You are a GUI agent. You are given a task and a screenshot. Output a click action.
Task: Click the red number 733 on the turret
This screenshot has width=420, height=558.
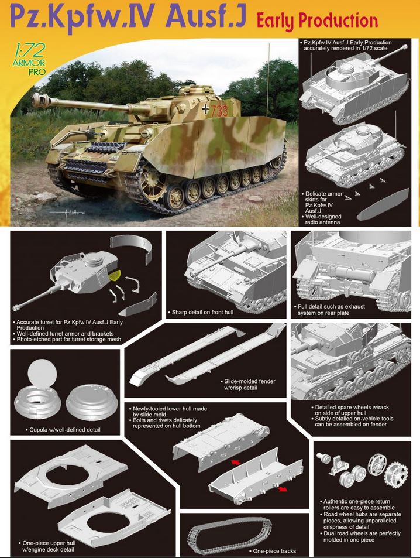pos(219,111)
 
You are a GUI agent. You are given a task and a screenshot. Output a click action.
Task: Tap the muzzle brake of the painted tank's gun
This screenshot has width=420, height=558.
pos(39,100)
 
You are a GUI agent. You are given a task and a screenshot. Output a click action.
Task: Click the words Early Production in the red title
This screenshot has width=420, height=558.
pos(317,20)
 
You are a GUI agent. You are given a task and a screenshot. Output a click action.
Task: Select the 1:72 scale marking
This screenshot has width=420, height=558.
pos(30,50)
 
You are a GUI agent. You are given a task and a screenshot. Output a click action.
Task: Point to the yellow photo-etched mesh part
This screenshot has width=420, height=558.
pos(115,275)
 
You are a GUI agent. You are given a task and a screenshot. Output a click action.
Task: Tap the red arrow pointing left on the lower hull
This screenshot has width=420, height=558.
pos(235,462)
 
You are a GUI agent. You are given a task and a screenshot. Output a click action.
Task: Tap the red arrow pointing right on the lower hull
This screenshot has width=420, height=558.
pos(283,489)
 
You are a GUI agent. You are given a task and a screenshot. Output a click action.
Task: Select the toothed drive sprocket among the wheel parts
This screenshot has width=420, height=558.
pos(396,475)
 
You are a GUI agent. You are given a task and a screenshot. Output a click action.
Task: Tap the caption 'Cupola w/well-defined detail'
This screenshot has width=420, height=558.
pos(63,430)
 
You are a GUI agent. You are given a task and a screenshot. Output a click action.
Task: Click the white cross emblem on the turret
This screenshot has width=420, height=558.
pos(205,109)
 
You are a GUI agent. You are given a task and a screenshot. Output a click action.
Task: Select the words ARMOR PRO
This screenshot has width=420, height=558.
pos(30,67)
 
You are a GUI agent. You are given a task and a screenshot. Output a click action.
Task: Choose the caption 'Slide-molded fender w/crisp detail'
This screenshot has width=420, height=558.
pos(249,384)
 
